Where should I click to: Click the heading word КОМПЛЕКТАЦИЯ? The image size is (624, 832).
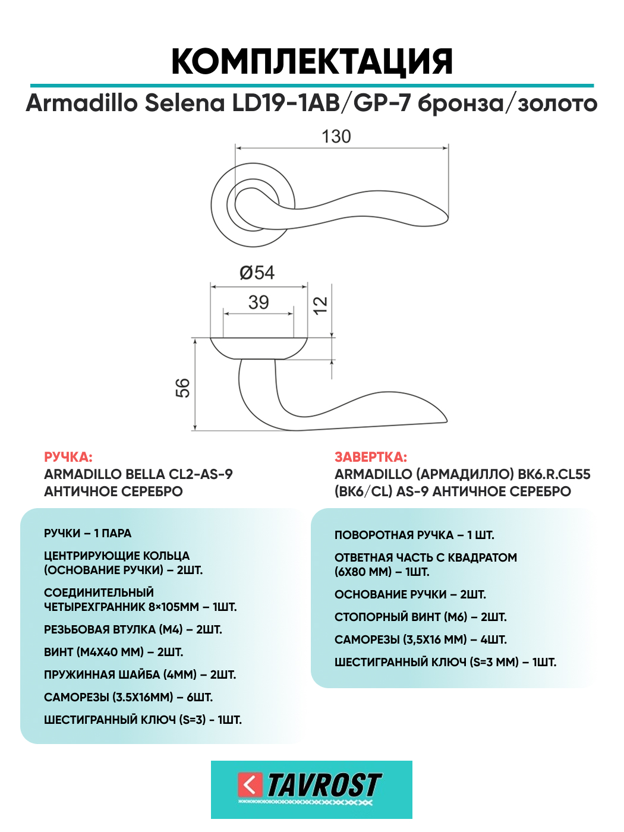(x=312, y=61)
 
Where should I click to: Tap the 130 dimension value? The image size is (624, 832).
(x=336, y=137)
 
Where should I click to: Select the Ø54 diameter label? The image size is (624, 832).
(x=257, y=273)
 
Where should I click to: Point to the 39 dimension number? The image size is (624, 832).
(x=259, y=302)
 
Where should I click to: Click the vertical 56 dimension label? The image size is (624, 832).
(x=182, y=387)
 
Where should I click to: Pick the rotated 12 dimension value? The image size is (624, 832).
(x=320, y=305)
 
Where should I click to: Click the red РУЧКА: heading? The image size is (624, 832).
(x=68, y=457)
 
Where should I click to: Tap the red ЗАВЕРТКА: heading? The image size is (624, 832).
(x=371, y=457)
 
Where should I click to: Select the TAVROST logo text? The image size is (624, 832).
(x=324, y=785)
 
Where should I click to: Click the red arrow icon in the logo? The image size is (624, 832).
(x=250, y=785)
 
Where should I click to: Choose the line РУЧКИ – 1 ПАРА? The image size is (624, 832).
(x=87, y=533)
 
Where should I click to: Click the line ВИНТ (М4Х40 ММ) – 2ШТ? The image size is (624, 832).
(x=114, y=652)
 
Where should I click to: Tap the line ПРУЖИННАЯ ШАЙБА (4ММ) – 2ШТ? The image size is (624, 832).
(x=140, y=675)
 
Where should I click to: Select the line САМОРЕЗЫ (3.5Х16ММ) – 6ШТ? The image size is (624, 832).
(x=128, y=697)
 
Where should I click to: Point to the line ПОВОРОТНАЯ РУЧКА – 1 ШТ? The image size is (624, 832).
(x=414, y=535)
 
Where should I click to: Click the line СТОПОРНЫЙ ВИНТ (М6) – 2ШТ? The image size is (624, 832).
(x=420, y=617)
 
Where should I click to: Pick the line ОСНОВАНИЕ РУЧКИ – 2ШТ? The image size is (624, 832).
(x=410, y=594)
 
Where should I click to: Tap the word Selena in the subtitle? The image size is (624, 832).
(x=185, y=103)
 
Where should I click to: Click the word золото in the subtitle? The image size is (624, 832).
(x=557, y=103)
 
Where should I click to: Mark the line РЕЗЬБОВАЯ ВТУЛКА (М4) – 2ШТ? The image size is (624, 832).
(x=133, y=629)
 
